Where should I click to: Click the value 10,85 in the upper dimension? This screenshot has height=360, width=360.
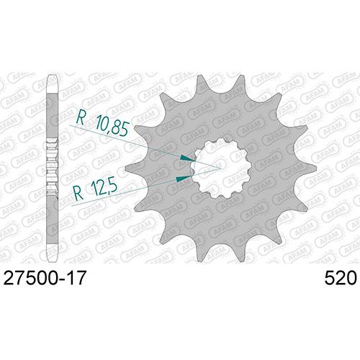click(x=112, y=125)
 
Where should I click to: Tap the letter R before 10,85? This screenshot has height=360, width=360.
click(x=81, y=118)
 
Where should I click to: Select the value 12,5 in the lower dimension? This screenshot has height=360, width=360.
click(x=103, y=188)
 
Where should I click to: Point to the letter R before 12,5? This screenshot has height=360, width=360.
click(x=78, y=193)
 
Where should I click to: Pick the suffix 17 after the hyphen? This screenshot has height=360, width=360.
click(x=77, y=278)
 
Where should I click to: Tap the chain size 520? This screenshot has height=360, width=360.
click(x=341, y=278)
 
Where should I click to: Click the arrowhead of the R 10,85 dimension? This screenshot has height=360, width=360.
click(x=188, y=158)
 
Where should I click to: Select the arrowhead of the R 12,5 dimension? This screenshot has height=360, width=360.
click(x=184, y=179)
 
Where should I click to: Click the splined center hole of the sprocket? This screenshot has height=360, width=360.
click(x=221, y=168)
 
